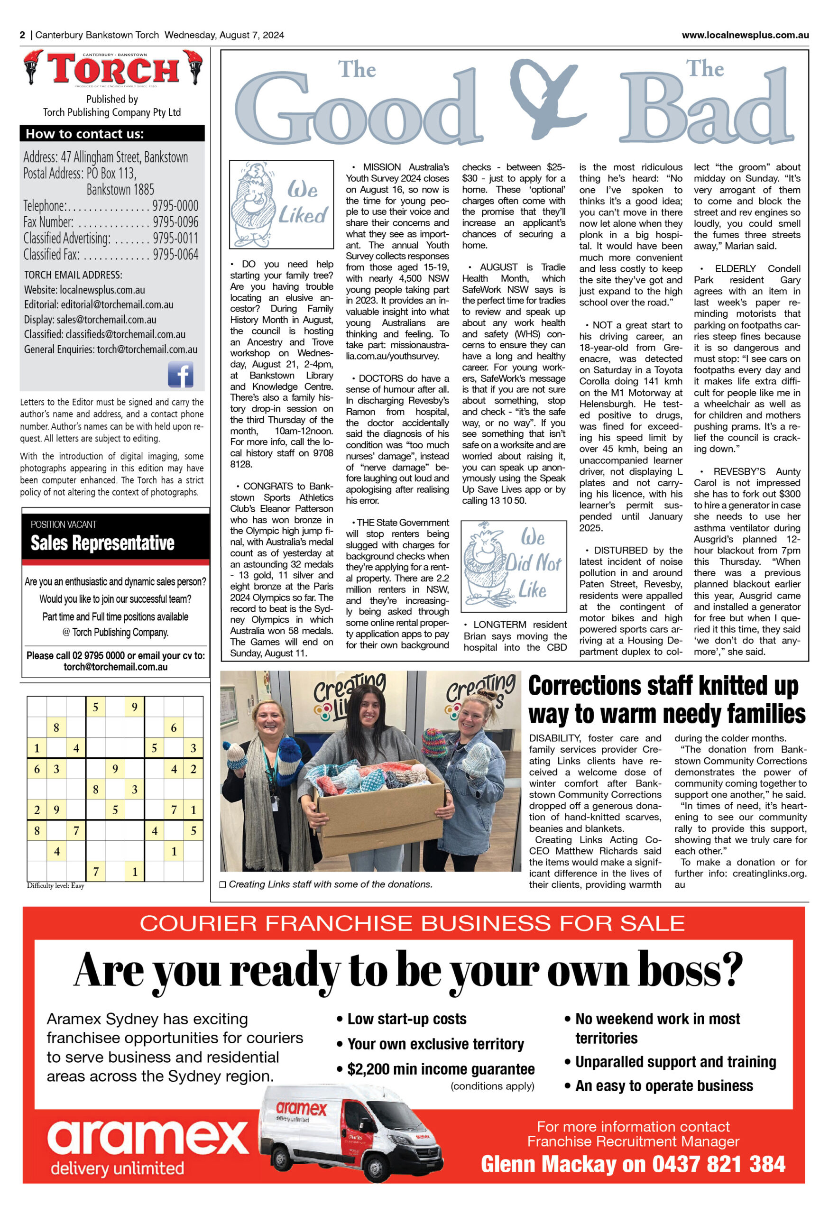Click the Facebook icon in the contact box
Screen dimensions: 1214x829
coord(180,374)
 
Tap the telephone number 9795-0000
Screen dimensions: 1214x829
coord(175,205)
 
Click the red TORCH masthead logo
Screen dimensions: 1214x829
coord(113,68)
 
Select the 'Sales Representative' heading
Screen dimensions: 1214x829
coord(102,543)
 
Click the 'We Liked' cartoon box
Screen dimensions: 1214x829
coord(281,204)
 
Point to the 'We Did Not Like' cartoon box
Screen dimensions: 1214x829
coord(513,566)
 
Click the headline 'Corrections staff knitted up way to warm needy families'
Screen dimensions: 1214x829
coord(666,699)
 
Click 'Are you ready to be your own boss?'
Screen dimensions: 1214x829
coord(408,971)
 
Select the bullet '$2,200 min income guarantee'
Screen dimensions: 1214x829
coord(441,1069)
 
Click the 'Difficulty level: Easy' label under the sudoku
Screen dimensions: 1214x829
coord(55,885)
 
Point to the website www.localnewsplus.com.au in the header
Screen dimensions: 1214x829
coord(745,35)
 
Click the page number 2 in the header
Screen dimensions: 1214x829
coord(22,35)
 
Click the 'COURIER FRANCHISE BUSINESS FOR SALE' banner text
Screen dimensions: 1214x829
coord(412,924)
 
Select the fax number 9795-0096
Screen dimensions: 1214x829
coord(175,221)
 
